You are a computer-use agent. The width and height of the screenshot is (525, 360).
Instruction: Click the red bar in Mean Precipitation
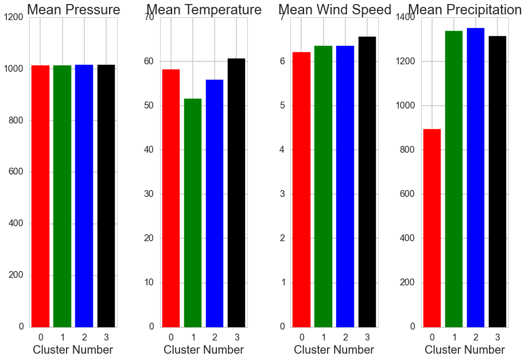pos(431,228)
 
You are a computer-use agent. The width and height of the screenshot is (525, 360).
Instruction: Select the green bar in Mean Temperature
pos(193,212)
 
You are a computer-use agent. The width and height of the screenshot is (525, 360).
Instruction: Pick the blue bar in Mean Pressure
pos(84,196)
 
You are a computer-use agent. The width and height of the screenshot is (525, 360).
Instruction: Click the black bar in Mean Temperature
pos(236,192)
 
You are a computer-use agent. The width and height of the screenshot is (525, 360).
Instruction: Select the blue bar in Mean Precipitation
pos(476,177)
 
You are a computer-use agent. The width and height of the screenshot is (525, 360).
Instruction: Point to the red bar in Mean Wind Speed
pos(301,189)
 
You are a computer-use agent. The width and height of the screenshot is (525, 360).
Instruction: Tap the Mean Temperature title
pos(204,10)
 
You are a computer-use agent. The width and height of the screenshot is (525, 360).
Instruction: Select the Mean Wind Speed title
pos(335,10)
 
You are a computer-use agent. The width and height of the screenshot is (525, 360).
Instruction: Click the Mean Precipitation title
pos(465,10)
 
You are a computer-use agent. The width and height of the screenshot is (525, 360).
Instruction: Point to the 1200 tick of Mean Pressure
pos(13,17)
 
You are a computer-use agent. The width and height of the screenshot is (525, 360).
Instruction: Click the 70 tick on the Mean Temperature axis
pos(149,17)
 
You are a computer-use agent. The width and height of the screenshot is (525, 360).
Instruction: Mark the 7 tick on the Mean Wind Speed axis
pos(282,17)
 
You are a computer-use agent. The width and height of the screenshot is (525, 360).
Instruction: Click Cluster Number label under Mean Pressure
pos(73,350)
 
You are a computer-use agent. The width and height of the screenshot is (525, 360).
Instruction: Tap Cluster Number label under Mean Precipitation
pos(465,350)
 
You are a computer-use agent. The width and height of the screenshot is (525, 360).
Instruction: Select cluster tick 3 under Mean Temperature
pos(236,336)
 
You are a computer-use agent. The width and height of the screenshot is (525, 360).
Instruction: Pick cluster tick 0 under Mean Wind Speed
pos(301,336)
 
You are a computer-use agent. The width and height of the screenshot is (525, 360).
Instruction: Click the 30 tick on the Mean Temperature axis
pos(149,194)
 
